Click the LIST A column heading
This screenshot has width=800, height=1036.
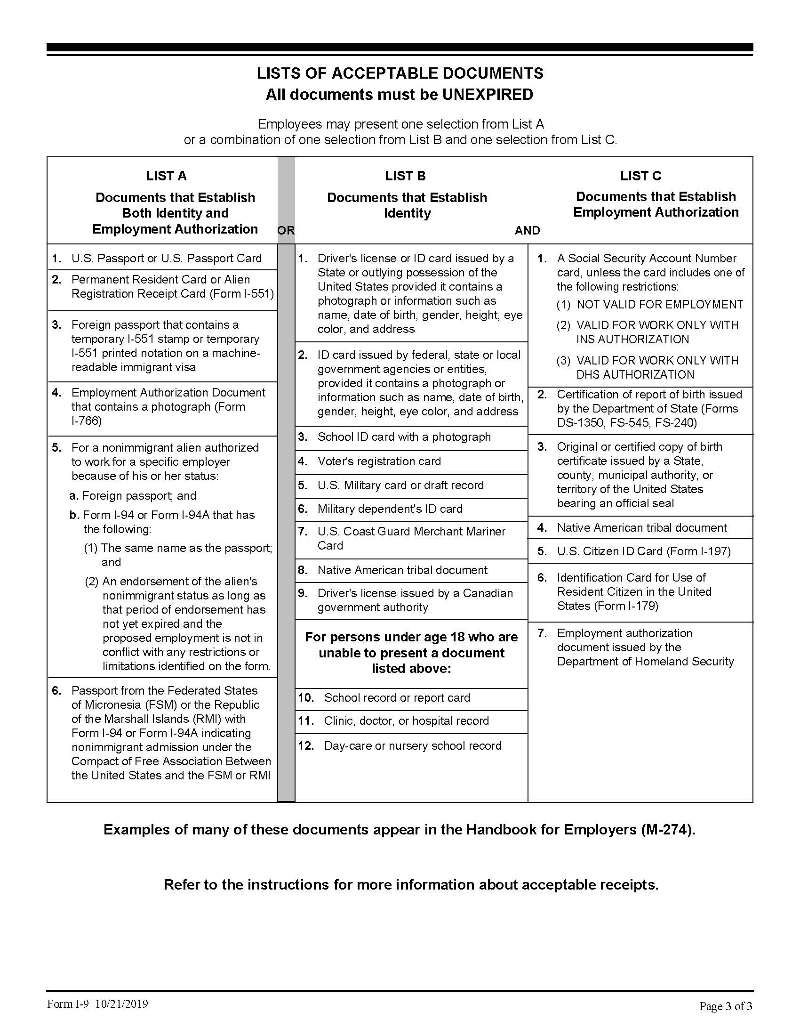click(x=166, y=176)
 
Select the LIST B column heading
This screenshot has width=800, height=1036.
click(x=405, y=176)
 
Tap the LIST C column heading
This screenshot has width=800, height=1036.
click(x=640, y=176)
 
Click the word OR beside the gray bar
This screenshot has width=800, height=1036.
click(x=286, y=231)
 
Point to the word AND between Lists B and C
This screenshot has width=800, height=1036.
click(x=527, y=231)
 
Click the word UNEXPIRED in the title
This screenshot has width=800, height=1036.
click(x=487, y=94)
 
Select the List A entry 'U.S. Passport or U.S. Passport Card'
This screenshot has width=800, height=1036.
click(x=166, y=259)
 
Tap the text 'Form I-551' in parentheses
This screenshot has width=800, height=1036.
click(x=241, y=294)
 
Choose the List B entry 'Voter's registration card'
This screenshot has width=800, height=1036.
click(x=379, y=461)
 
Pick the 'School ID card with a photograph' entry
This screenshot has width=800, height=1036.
click(x=404, y=437)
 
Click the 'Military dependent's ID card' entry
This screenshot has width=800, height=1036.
click(x=390, y=509)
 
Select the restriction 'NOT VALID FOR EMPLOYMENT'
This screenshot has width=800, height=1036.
click(x=659, y=305)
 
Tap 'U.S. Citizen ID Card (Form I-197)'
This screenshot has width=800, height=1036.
click(x=644, y=551)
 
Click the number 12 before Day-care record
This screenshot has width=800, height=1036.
click(x=306, y=746)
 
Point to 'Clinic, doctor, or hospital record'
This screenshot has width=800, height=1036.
click(x=406, y=721)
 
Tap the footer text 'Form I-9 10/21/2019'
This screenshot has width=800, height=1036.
click(x=97, y=1004)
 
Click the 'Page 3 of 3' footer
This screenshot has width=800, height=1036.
click(x=726, y=1006)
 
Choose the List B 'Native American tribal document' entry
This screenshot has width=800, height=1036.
click(x=402, y=570)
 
